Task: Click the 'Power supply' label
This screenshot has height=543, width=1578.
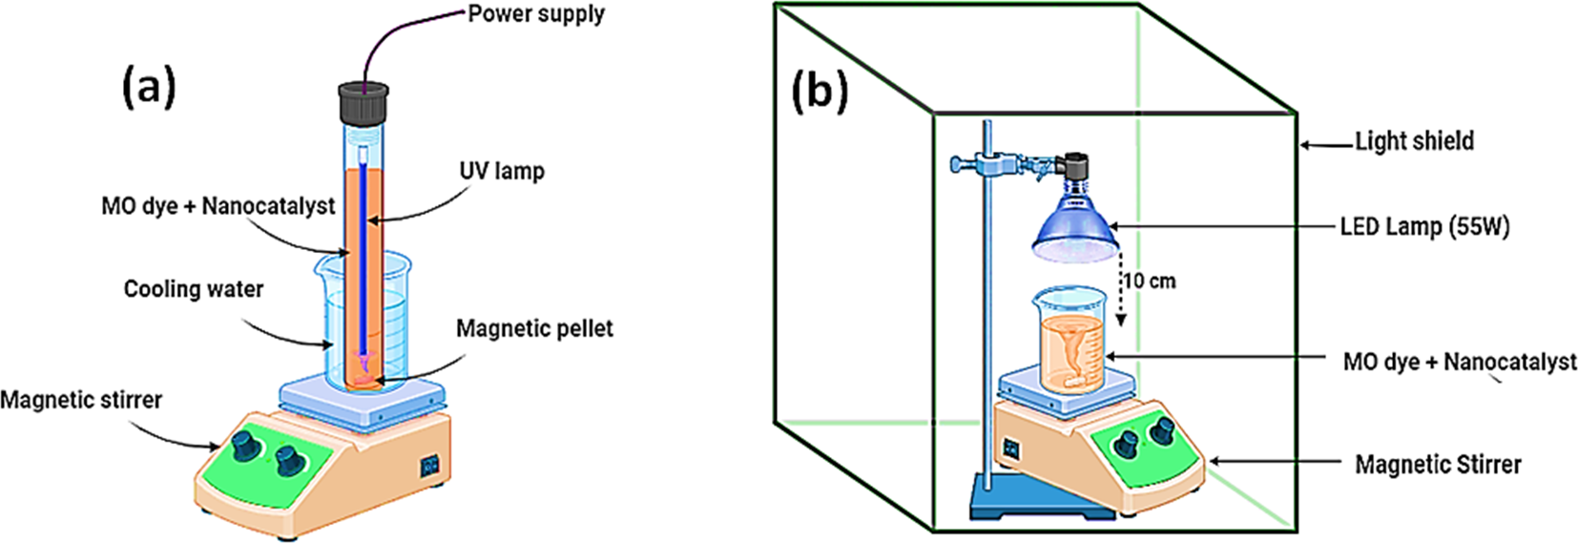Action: point(536,15)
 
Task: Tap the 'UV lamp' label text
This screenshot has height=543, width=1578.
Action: point(502,172)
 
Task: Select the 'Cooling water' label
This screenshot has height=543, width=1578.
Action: point(194,289)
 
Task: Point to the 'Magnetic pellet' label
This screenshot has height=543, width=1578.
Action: point(534,329)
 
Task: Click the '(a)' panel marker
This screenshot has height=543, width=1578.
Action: point(149,88)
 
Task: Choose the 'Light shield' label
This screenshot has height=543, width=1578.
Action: point(1414,141)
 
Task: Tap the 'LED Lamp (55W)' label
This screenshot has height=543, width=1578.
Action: point(1424,227)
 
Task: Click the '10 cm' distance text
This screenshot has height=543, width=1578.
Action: point(1150,282)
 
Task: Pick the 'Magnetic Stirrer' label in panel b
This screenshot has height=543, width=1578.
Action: point(1438,465)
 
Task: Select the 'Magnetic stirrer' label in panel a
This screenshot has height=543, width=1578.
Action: point(81,400)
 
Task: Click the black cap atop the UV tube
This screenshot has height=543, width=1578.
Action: point(363,102)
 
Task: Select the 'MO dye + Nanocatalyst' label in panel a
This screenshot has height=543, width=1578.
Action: point(218,206)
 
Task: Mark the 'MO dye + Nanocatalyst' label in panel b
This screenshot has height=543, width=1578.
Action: point(1460,363)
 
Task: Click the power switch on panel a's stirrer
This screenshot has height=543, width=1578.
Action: point(430,466)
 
